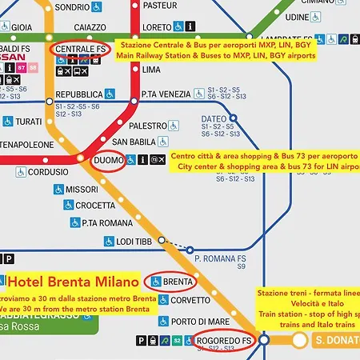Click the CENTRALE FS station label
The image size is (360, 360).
click(81, 50)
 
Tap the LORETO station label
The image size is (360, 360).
click(157, 26)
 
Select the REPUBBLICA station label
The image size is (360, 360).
click(78, 94)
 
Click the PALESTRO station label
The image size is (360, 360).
click(147, 126)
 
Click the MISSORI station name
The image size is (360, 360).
click(82, 190)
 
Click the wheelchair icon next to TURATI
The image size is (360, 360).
click(8, 121)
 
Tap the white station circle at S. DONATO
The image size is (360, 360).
click(299, 340)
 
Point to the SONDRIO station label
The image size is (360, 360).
click(71, 6)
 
